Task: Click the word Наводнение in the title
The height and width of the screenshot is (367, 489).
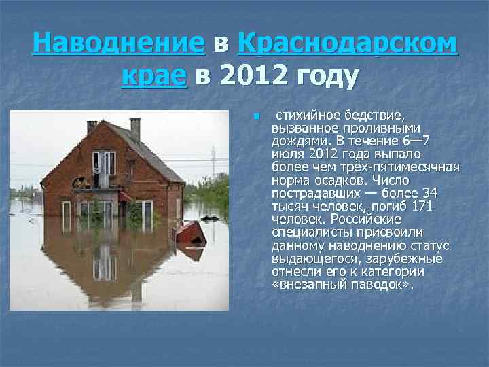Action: [118, 44]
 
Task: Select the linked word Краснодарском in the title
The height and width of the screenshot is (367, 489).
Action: [347, 44]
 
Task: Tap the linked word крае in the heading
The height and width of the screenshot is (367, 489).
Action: [154, 77]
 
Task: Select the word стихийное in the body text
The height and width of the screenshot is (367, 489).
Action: [303, 116]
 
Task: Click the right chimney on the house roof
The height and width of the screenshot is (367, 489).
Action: [136, 128]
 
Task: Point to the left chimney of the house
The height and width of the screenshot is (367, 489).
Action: [92, 127]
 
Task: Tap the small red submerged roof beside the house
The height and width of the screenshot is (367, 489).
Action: [191, 234]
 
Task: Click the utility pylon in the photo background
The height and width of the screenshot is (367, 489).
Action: [212, 163]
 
